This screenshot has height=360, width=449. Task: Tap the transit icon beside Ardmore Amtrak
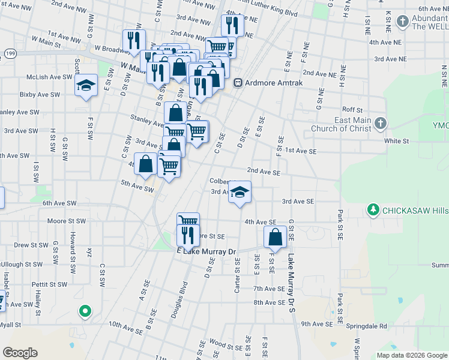238,83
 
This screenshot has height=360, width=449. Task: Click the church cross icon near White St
379,124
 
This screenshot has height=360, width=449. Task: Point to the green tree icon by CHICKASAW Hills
373,211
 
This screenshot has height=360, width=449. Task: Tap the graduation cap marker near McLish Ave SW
86,85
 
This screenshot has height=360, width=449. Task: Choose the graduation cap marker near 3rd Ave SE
240,193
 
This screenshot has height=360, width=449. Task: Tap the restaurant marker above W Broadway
133,41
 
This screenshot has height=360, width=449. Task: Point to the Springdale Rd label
370,326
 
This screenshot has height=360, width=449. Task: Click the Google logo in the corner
20,352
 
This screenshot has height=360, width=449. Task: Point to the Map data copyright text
412,355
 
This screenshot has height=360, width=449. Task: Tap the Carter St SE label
238,277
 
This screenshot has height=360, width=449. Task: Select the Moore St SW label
66,221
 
